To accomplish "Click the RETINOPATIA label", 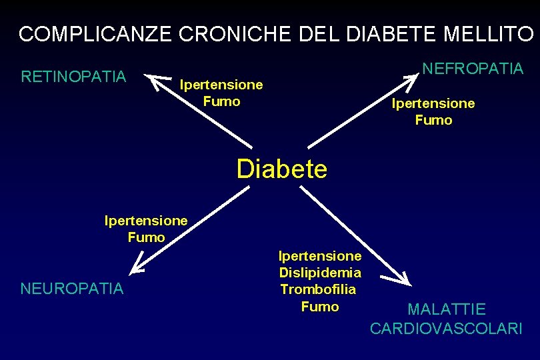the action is (x=73, y=77).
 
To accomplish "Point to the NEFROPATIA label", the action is (x=473, y=69).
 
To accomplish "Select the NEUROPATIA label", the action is (x=72, y=289).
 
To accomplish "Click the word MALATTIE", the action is (x=447, y=309).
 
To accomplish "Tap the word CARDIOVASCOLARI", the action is (x=446, y=329).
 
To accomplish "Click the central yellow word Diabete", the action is (x=282, y=169).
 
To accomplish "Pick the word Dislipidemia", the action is (x=320, y=273).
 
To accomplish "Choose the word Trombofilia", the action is (x=318, y=289).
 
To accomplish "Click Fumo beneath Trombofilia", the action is (x=320, y=307).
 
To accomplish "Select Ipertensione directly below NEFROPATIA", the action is (x=433, y=103).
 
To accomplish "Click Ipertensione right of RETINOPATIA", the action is (x=221, y=85).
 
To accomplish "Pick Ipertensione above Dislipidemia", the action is (x=320, y=256).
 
